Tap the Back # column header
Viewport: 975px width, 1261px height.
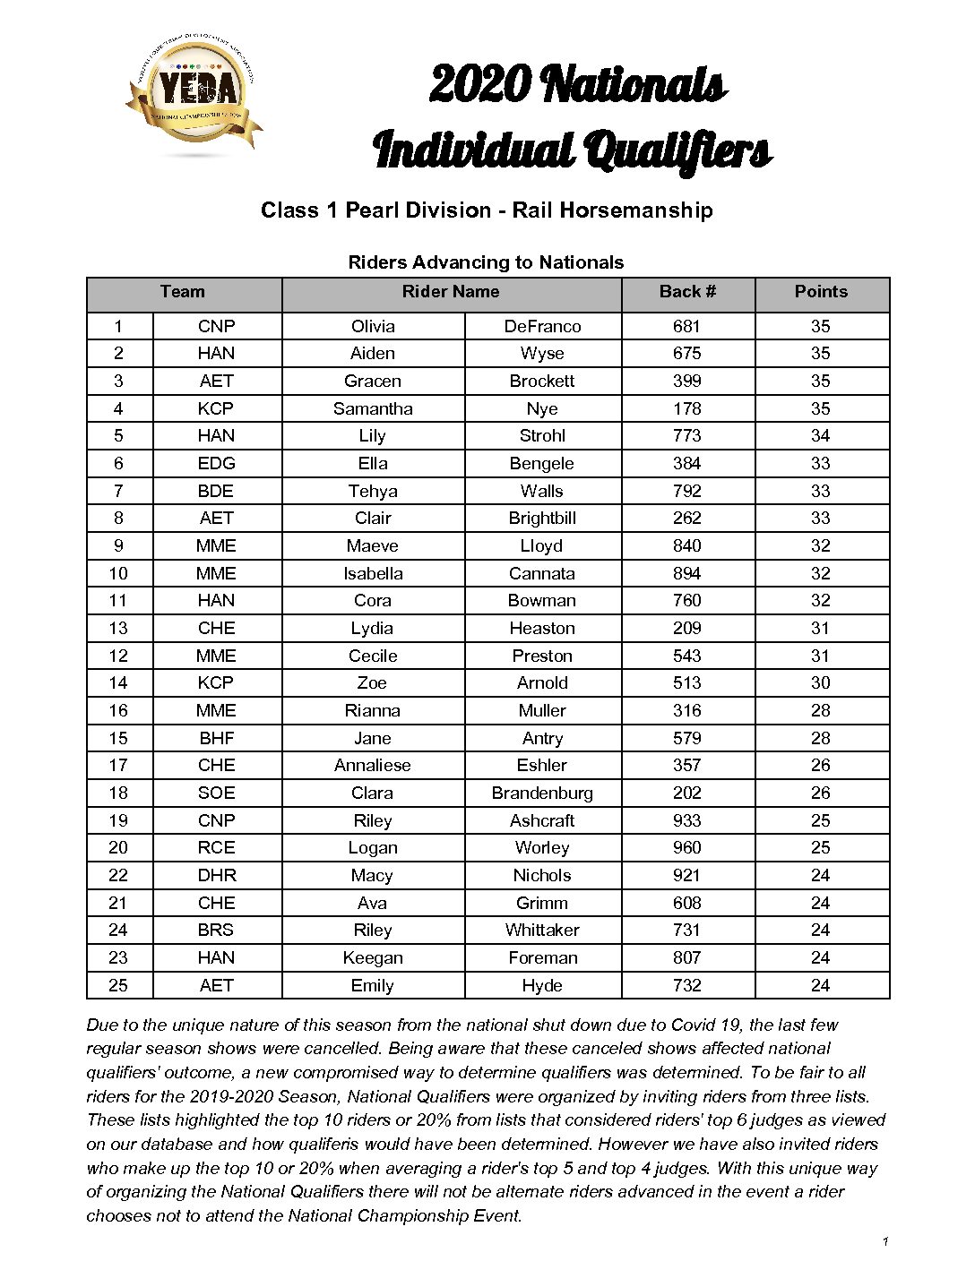pyautogui.click(x=687, y=292)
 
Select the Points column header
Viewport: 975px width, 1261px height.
pyautogui.click(x=821, y=292)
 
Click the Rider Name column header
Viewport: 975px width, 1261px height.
pyautogui.click(x=451, y=292)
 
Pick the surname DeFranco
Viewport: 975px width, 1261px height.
pyautogui.click(x=542, y=326)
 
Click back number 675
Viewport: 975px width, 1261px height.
pyautogui.click(x=687, y=354)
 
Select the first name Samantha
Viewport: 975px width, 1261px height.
pyautogui.click(x=373, y=408)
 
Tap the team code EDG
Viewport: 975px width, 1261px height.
pyautogui.click(x=216, y=463)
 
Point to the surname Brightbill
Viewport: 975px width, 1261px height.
pyautogui.click(x=542, y=519)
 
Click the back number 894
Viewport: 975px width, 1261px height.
pyautogui.click(x=687, y=573)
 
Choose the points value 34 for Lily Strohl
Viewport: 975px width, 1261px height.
pyautogui.click(x=820, y=436)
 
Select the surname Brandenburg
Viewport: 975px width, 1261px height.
pyautogui.click(x=542, y=793)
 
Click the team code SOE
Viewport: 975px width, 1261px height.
pyautogui.click(x=216, y=793)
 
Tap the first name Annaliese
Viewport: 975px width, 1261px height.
pyautogui.click(x=373, y=766)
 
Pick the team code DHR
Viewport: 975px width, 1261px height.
pyautogui.click(x=216, y=876)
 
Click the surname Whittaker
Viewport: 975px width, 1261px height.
pyautogui.click(x=542, y=931)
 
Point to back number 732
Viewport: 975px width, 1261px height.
pyautogui.click(x=687, y=986)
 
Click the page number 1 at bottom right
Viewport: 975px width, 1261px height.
pyautogui.click(x=885, y=1241)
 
